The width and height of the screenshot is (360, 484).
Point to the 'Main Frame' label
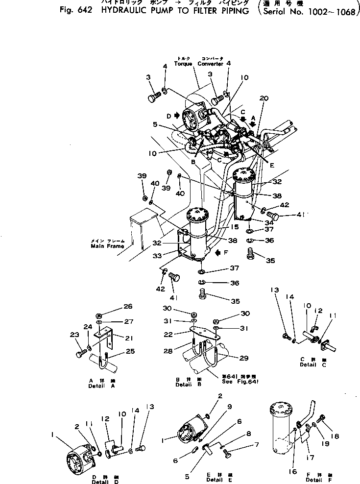click(107, 246)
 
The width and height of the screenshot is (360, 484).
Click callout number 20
click(264, 98)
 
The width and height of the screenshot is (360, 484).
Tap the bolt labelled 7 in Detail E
click(227, 455)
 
